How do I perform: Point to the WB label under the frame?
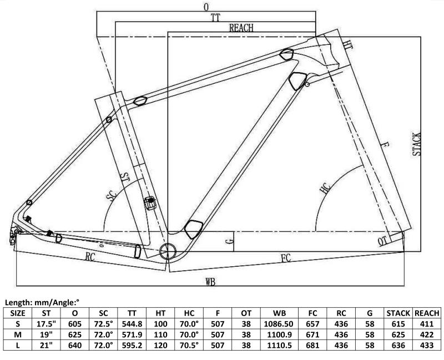point(210,282)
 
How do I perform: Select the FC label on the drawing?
point(286,257)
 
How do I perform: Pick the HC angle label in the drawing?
point(326,188)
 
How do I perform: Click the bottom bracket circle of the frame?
point(168,251)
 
